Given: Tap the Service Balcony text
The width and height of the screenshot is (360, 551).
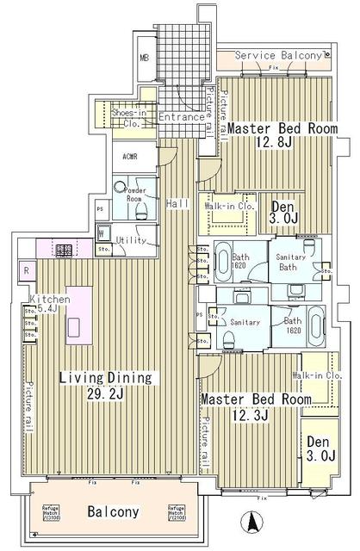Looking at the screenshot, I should (279, 56).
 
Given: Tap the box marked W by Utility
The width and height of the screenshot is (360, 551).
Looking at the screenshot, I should (101, 233).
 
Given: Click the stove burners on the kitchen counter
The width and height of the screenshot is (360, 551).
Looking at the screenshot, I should (64, 251).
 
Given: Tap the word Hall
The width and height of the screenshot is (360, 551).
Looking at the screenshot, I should (178, 203).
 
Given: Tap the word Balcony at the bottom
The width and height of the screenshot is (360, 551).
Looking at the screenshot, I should (113, 511).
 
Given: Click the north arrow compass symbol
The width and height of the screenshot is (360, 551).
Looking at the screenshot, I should (252, 521).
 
